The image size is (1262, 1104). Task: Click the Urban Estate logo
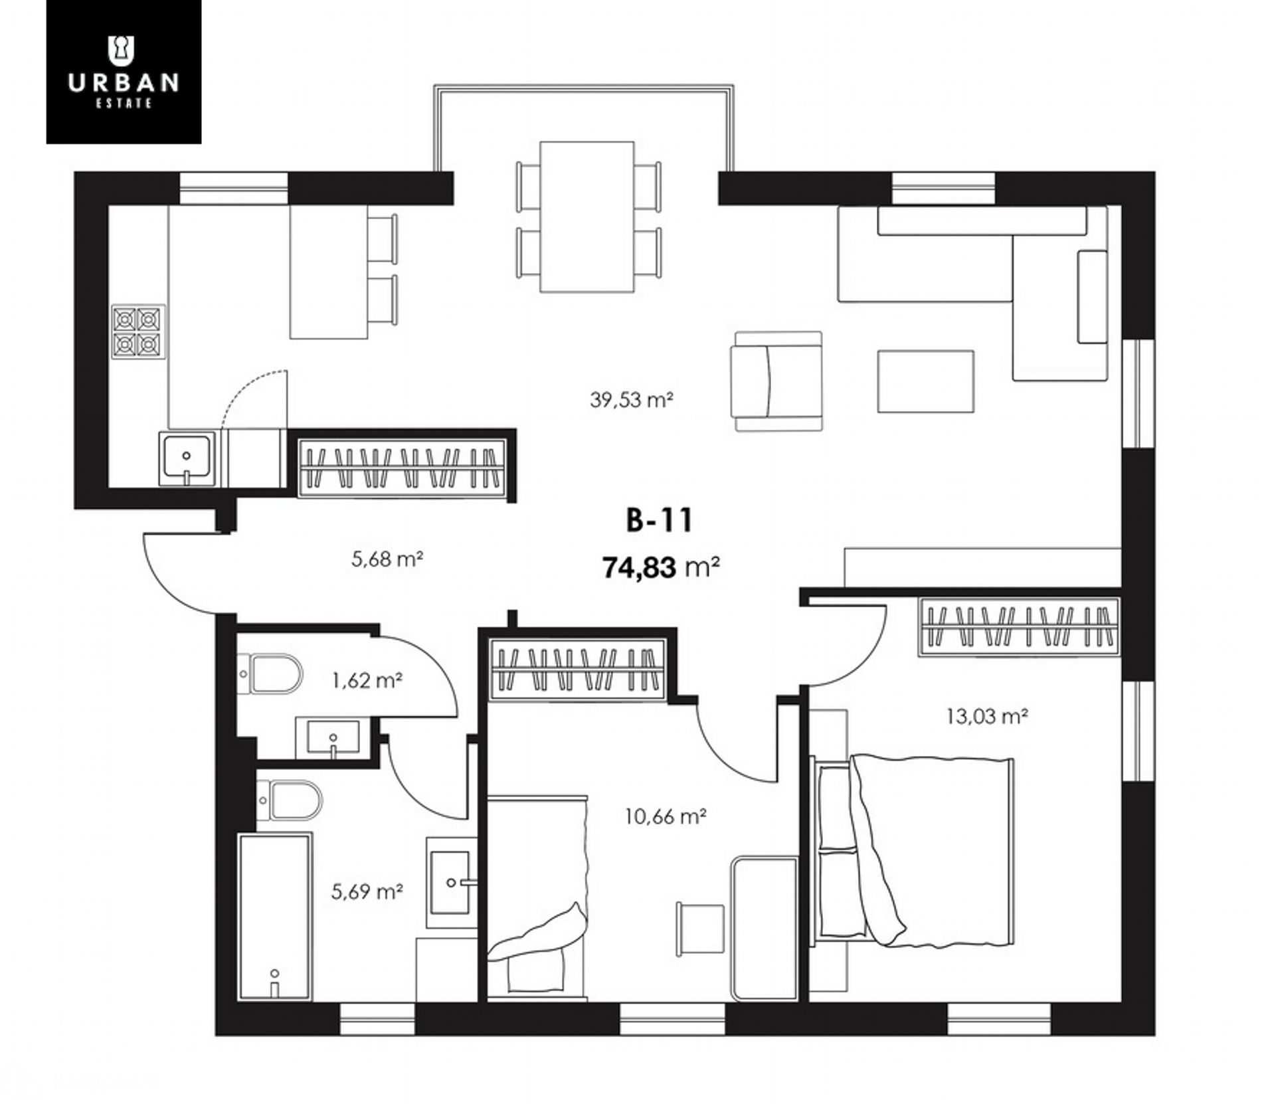click(124, 72)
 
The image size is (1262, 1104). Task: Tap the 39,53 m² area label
click(632, 400)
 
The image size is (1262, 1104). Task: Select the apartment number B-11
click(659, 520)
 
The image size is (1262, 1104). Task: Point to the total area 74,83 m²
click(662, 568)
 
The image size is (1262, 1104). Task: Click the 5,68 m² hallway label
click(387, 559)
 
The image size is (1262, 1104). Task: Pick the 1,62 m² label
click(367, 681)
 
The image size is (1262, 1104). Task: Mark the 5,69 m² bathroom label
click(367, 891)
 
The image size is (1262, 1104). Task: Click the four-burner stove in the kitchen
click(138, 331)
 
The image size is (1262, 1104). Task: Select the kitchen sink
click(187, 459)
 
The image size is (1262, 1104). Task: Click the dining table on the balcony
click(587, 217)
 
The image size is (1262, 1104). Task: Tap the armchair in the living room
click(776, 382)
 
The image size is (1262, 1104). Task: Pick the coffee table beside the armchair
click(925, 382)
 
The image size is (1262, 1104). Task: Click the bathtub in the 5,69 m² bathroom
click(275, 917)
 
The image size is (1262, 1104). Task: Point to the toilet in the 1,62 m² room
click(270, 674)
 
